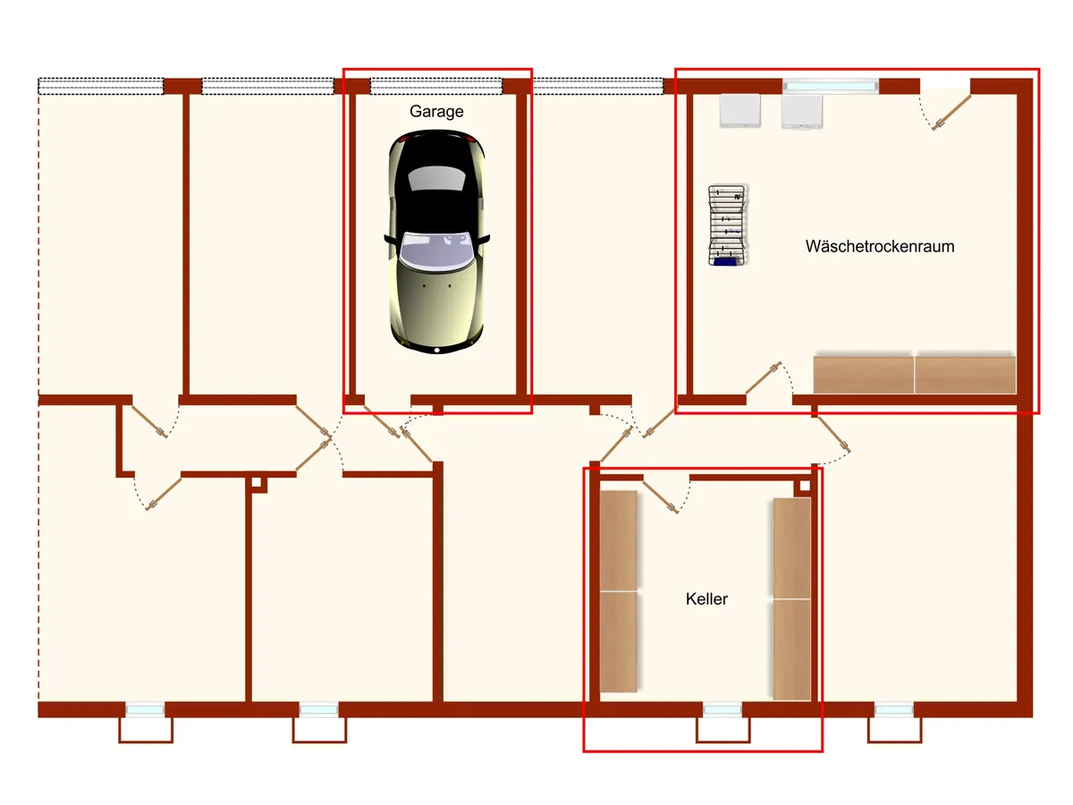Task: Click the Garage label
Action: pos(436,112)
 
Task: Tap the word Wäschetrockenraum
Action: pos(880,246)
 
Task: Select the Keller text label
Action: pos(706,598)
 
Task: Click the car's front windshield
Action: pos(435,250)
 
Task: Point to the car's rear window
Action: pos(435,178)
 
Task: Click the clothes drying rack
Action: pos(727,225)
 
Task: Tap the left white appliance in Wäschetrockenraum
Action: pos(739,111)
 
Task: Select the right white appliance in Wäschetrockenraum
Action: pos(802,112)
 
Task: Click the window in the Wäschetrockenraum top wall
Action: pos(830,86)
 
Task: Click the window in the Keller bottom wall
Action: pos(722,709)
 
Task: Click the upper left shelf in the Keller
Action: pos(619,541)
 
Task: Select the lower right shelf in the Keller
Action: pos(792,649)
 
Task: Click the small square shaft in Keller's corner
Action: pos(805,486)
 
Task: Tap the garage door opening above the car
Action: pos(436,87)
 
